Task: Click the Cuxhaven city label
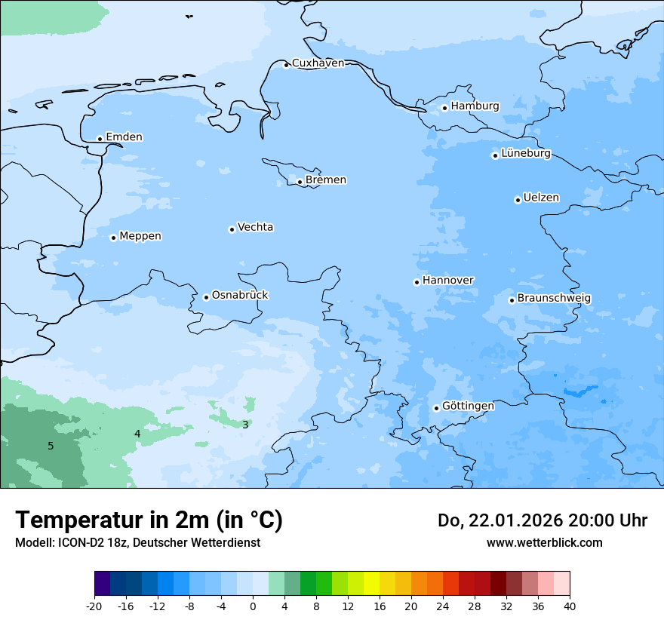(x=318, y=63)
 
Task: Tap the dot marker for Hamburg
(x=444, y=108)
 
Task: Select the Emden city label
(x=124, y=137)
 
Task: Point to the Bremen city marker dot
(x=300, y=182)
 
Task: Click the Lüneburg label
(x=525, y=154)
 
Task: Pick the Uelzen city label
(x=541, y=198)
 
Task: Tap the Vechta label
(x=255, y=228)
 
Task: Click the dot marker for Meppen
(x=113, y=238)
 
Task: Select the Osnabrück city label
(x=240, y=296)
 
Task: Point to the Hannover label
(x=447, y=281)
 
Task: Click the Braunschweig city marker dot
(x=512, y=300)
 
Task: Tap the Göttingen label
(x=468, y=407)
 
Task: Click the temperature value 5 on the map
(x=51, y=446)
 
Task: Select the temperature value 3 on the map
(x=245, y=425)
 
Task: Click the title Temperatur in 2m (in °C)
(x=149, y=520)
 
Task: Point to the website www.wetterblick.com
(x=544, y=543)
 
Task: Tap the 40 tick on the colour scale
(x=569, y=606)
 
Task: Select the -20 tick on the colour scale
(x=94, y=606)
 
